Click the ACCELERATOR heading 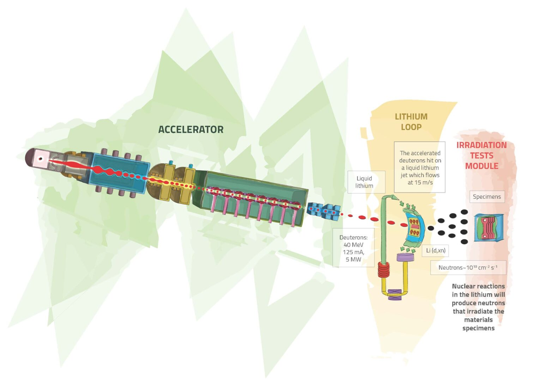(191, 130)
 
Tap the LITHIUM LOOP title (411, 122)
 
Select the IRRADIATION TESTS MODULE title (481, 155)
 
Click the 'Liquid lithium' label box (364, 182)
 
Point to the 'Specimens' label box (487, 197)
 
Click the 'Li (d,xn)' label (435, 251)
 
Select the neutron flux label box (468, 268)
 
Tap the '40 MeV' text (353, 245)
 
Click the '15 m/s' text (420, 183)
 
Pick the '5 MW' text (353, 259)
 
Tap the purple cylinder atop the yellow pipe (405, 257)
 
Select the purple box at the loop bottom (395, 294)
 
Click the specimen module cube (488, 227)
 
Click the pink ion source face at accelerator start (40, 159)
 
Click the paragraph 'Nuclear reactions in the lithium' (478, 307)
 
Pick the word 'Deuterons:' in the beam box (353, 237)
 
